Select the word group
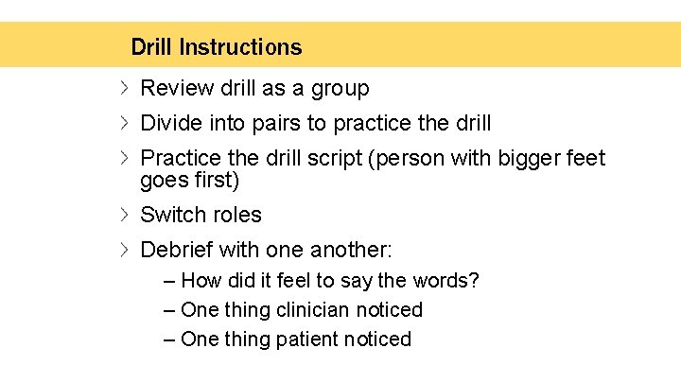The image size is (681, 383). point(340,89)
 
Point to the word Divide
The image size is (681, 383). point(169,123)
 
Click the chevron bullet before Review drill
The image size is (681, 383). point(125,89)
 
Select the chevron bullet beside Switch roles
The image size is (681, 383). point(125,215)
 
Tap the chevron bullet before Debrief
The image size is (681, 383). point(125,250)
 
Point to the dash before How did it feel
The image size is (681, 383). point(168,282)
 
